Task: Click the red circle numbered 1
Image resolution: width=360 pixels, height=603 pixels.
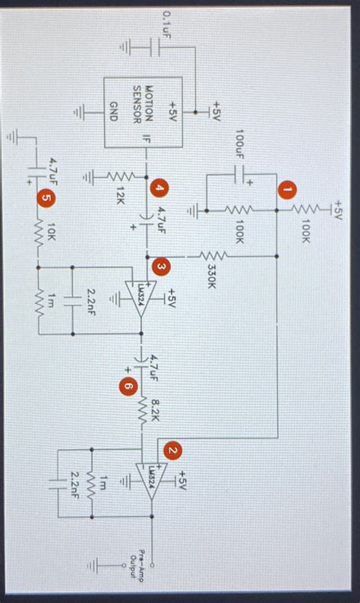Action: (x=286, y=188)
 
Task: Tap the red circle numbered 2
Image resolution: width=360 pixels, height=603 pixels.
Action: (x=173, y=451)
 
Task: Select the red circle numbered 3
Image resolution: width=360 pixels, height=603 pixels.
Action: (x=160, y=267)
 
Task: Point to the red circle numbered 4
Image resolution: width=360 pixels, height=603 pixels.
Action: (x=158, y=188)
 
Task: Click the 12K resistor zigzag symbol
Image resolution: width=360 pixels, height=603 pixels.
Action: (x=120, y=177)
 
